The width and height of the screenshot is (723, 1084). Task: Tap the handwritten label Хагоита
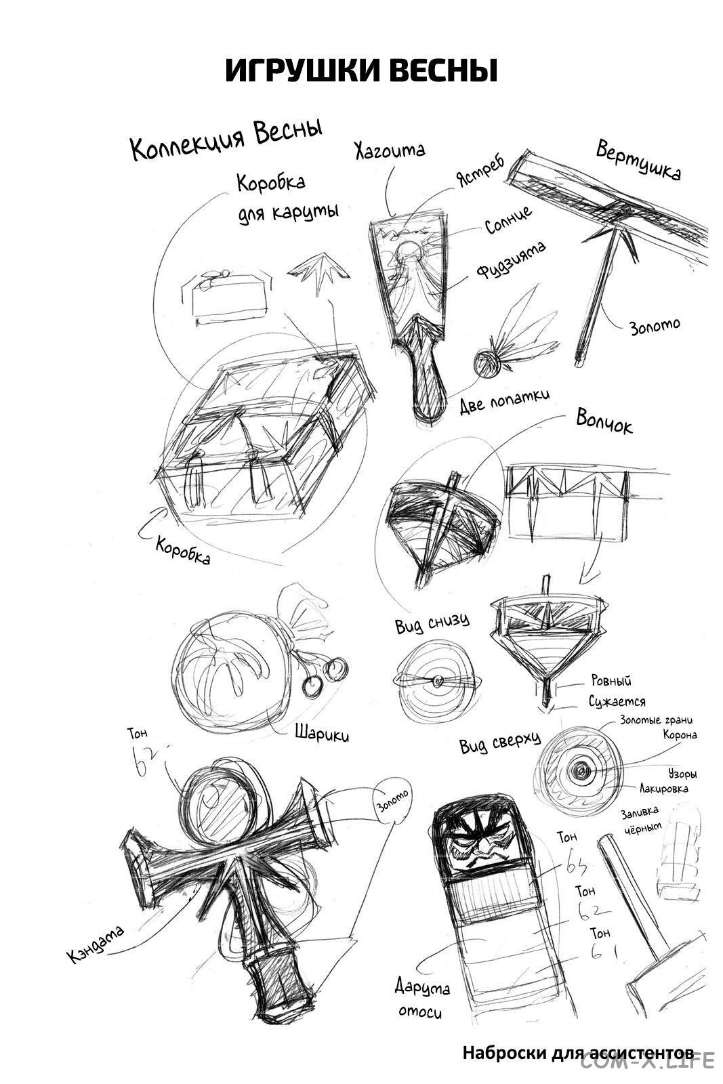390,150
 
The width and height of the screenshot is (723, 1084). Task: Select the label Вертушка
638,160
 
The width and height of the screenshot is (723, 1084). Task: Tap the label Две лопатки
504,401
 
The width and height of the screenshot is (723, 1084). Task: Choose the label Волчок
604,421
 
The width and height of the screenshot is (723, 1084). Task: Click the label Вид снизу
432,623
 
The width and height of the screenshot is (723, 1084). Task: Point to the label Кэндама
96,942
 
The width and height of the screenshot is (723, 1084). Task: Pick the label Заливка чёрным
641,819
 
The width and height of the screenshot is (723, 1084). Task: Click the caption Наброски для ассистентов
578,1053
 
